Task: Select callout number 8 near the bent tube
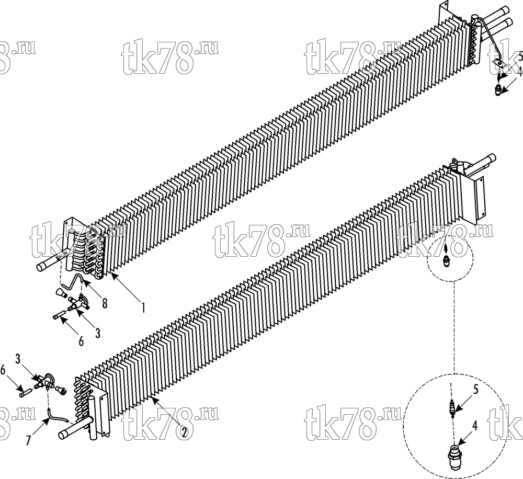105,303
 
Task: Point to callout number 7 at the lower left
29,440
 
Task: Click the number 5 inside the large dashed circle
476,390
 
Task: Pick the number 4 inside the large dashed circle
475,426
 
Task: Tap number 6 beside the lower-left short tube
3,370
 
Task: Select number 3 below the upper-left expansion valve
98,333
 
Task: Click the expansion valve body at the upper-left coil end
79,303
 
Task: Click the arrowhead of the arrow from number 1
113,275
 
